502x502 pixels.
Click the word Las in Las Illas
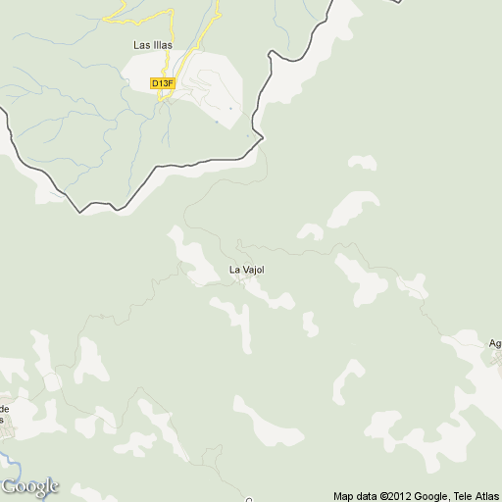point(142,45)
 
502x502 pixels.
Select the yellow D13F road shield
point(163,83)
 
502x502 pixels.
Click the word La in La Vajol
point(234,270)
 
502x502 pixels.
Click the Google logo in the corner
point(29,486)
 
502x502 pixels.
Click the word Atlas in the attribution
point(488,496)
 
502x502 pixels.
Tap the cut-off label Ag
point(495,343)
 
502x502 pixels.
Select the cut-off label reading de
point(4,408)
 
